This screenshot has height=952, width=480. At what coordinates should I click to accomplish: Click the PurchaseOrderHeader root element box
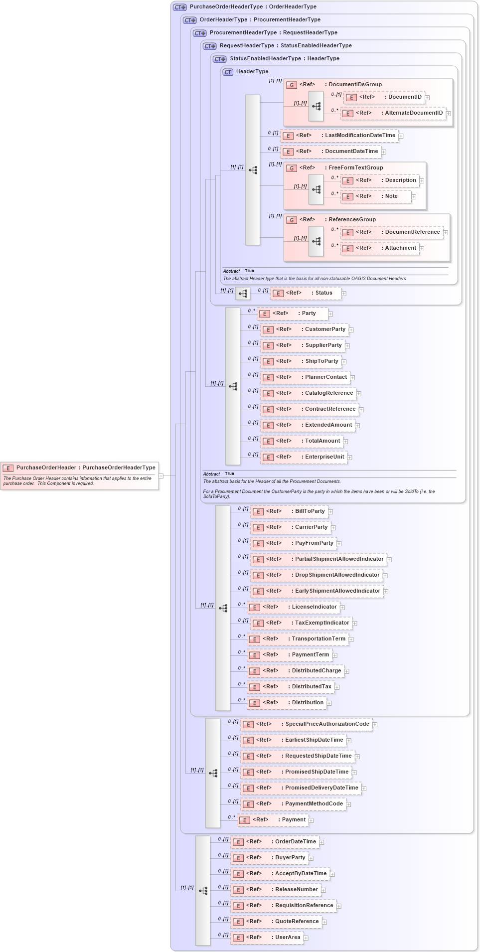click(x=80, y=468)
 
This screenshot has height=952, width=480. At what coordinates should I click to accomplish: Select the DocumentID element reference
click(x=384, y=97)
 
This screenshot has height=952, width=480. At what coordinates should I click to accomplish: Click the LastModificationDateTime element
click(x=339, y=136)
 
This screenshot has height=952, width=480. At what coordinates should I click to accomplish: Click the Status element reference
click(x=306, y=293)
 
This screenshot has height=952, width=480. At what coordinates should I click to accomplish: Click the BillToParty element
click(x=289, y=511)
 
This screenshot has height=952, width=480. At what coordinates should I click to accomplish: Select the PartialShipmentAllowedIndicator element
click(x=319, y=559)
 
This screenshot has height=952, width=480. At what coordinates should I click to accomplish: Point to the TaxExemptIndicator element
click(x=301, y=623)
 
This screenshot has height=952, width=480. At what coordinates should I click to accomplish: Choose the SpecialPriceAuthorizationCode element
click(x=307, y=724)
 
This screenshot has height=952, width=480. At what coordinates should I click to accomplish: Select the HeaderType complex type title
click(x=252, y=72)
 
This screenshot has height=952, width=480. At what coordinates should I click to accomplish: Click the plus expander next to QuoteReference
click(x=324, y=922)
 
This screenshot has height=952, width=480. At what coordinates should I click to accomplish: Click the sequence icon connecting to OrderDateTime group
click(x=203, y=891)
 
